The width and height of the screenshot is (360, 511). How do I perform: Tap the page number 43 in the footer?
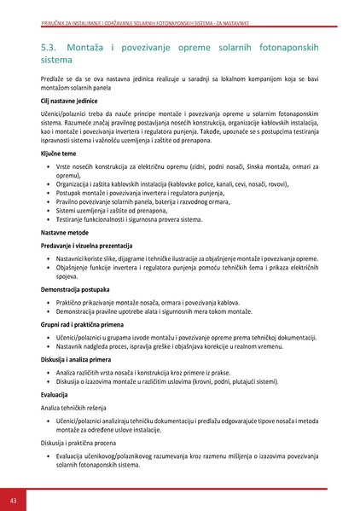(x=14, y=498)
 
